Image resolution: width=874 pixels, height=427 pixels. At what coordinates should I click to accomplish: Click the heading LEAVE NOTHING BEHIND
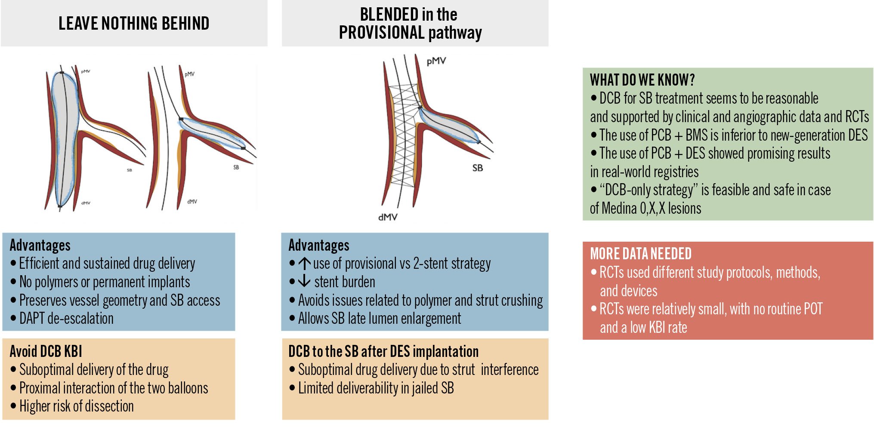click(134, 23)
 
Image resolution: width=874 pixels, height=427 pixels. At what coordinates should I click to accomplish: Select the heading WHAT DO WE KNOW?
click(642, 80)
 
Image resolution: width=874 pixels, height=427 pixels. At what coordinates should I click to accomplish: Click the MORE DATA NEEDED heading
click(641, 254)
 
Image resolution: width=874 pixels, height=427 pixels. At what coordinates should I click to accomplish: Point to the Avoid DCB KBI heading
click(46, 351)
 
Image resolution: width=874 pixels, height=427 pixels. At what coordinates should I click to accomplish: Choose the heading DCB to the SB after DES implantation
click(383, 351)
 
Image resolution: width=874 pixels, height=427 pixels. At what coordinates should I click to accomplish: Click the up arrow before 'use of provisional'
click(304, 263)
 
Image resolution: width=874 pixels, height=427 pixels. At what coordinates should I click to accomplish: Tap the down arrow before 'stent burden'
click(304, 281)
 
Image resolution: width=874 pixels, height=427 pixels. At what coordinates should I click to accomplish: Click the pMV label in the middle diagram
click(436, 61)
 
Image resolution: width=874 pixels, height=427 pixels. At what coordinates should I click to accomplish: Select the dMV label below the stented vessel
click(388, 217)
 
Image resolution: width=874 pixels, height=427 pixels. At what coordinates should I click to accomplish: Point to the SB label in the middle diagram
click(477, 168)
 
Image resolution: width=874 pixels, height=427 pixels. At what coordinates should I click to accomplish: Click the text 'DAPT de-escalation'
click(66, 319)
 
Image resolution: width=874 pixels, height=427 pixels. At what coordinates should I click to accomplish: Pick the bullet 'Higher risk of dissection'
click(76, 406)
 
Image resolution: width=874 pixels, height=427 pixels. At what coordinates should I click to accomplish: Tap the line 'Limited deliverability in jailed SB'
click(376, 388)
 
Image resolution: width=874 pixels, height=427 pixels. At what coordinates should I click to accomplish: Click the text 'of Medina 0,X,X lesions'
click(645, 209)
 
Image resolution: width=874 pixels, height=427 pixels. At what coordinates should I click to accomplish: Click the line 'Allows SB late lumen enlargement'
click(379, 319)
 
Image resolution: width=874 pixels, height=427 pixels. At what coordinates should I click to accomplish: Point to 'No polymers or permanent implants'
click(105, 282)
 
